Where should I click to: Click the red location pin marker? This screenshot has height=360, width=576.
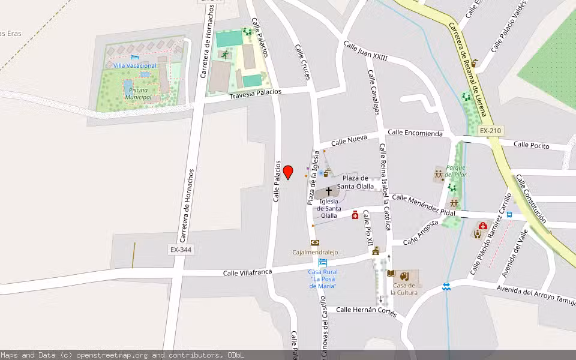pyautogui.click(x=288, y=172)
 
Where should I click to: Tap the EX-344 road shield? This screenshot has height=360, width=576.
pyautogui.click(x=181, y=249)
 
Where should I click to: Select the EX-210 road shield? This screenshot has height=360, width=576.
pyautogui.click(x=490, y=131)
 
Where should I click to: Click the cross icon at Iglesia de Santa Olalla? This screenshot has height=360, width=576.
pyautogui.click(x=329, y=192)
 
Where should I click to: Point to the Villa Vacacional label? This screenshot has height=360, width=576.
pyautogui.click(x=135, y=65)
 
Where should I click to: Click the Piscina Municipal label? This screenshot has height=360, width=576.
pyautogui.click(x=138, y=93)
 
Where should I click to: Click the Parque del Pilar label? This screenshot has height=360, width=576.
pyautogui.click(x=456, y=171)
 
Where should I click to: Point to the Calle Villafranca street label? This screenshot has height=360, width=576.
pyautogui.click(x=247, y=272)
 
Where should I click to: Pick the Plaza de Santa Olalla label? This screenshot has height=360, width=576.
pyautogui.click(x=355, y=182)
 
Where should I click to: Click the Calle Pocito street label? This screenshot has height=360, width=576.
pyautogui.click(x=532, y=145)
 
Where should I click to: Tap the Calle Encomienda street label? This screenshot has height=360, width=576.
pyautogui.click(x=415, y=133)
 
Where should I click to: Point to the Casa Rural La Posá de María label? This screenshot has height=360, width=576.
pyautogui.click(x=323, y=278)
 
